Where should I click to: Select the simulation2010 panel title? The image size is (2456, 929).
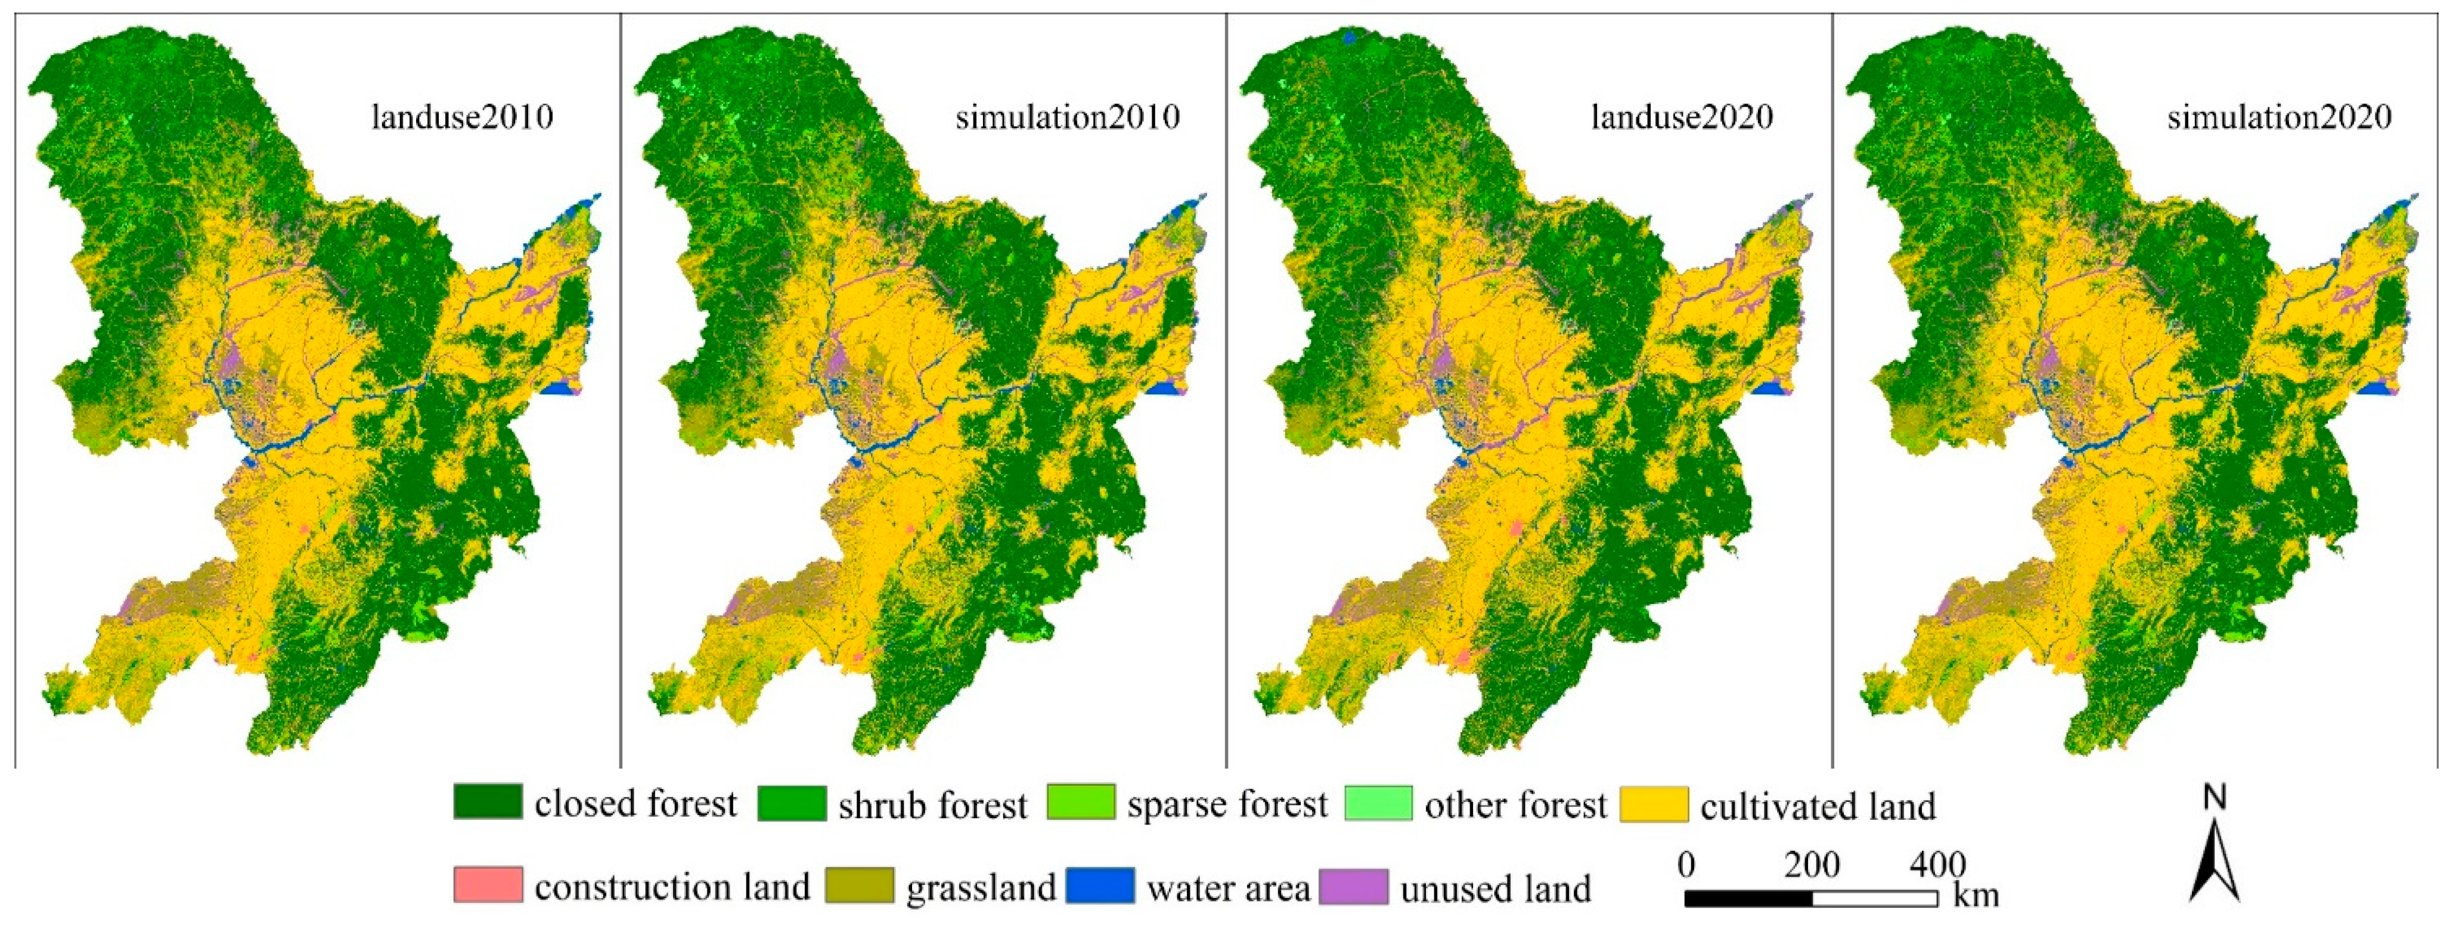pyautogui.click(x=1067, y=117)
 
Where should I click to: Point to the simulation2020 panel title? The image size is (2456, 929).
pyautogui.click(x=2280, y=117)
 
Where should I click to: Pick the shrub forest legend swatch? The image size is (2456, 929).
pyautogui.click(x=792, y=802)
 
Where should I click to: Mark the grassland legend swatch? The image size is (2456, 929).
pyautogui.click(x=859, y=885)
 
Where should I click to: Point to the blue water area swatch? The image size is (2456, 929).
pyautogui.click(x=1100, y=885)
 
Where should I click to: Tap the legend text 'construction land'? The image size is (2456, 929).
pyautogui.click(x=672, y=887)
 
